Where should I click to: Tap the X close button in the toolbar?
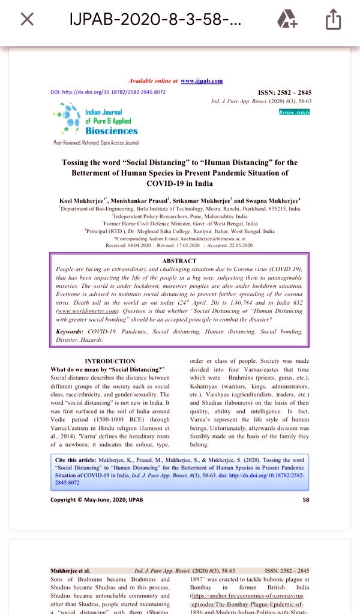pos(27,20)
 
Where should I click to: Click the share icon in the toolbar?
pos(333,20)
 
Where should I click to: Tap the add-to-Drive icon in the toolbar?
pos(287,20)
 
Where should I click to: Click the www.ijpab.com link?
pos(202,80)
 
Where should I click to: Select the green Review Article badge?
pos(294,112)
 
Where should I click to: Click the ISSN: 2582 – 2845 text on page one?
pos(284,93)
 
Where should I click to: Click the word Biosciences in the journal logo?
pos(111,131)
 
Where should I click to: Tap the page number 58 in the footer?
pos(306,499)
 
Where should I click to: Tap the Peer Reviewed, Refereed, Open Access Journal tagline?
pos(96,143)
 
